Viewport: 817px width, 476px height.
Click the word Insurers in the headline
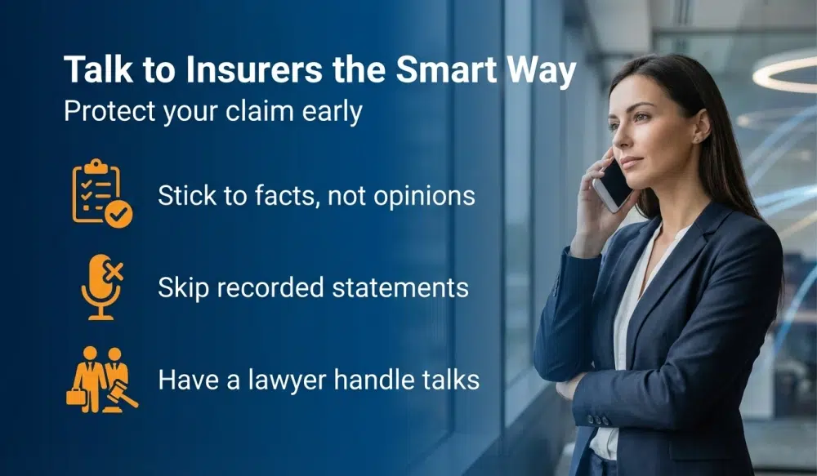[x=239, y=70]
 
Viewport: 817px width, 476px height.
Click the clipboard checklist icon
[x=100, y=193]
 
